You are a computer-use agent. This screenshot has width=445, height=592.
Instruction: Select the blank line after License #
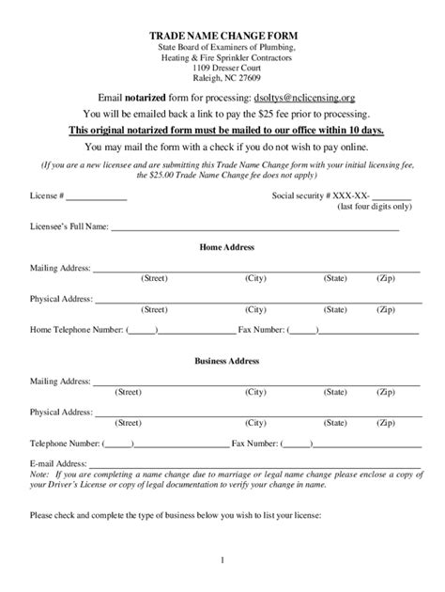point(96,197)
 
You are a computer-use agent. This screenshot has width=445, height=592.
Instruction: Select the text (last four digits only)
point(375,208)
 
